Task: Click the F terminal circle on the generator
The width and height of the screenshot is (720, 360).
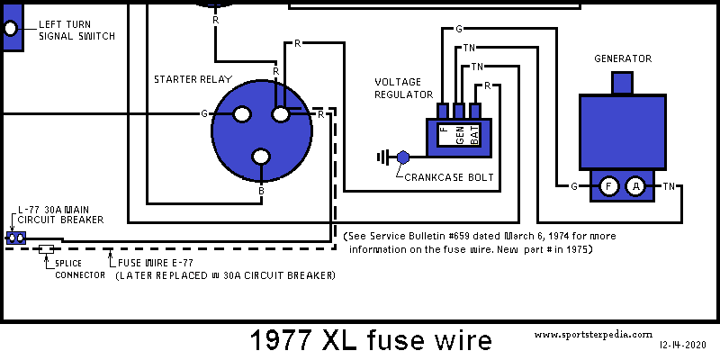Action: click(x=609, y=186)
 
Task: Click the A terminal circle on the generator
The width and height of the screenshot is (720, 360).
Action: click(x=636, y=186)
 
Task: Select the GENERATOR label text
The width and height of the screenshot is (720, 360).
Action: click(x=623, y=58)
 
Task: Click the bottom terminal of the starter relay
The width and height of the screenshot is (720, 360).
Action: click(x=261, y=157)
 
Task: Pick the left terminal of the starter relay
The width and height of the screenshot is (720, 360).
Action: click(x=241, y=114)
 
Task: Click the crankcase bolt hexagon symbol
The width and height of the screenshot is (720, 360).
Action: click(x=402, y=157)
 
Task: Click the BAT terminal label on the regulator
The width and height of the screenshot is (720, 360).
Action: click(x=475, y=136)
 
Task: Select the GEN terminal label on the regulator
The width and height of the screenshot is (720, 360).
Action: click(x=460, y=136)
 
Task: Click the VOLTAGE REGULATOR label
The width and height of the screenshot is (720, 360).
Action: click(x=404, y=87)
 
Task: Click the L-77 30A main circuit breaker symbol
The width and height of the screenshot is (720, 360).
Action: click(x=14, y=238)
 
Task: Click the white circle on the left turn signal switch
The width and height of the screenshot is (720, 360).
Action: click(x=11, y=29)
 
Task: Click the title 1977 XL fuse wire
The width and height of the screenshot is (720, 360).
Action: click(x=370, y=340)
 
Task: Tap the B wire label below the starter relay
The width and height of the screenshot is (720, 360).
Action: click(x=261, y=191)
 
